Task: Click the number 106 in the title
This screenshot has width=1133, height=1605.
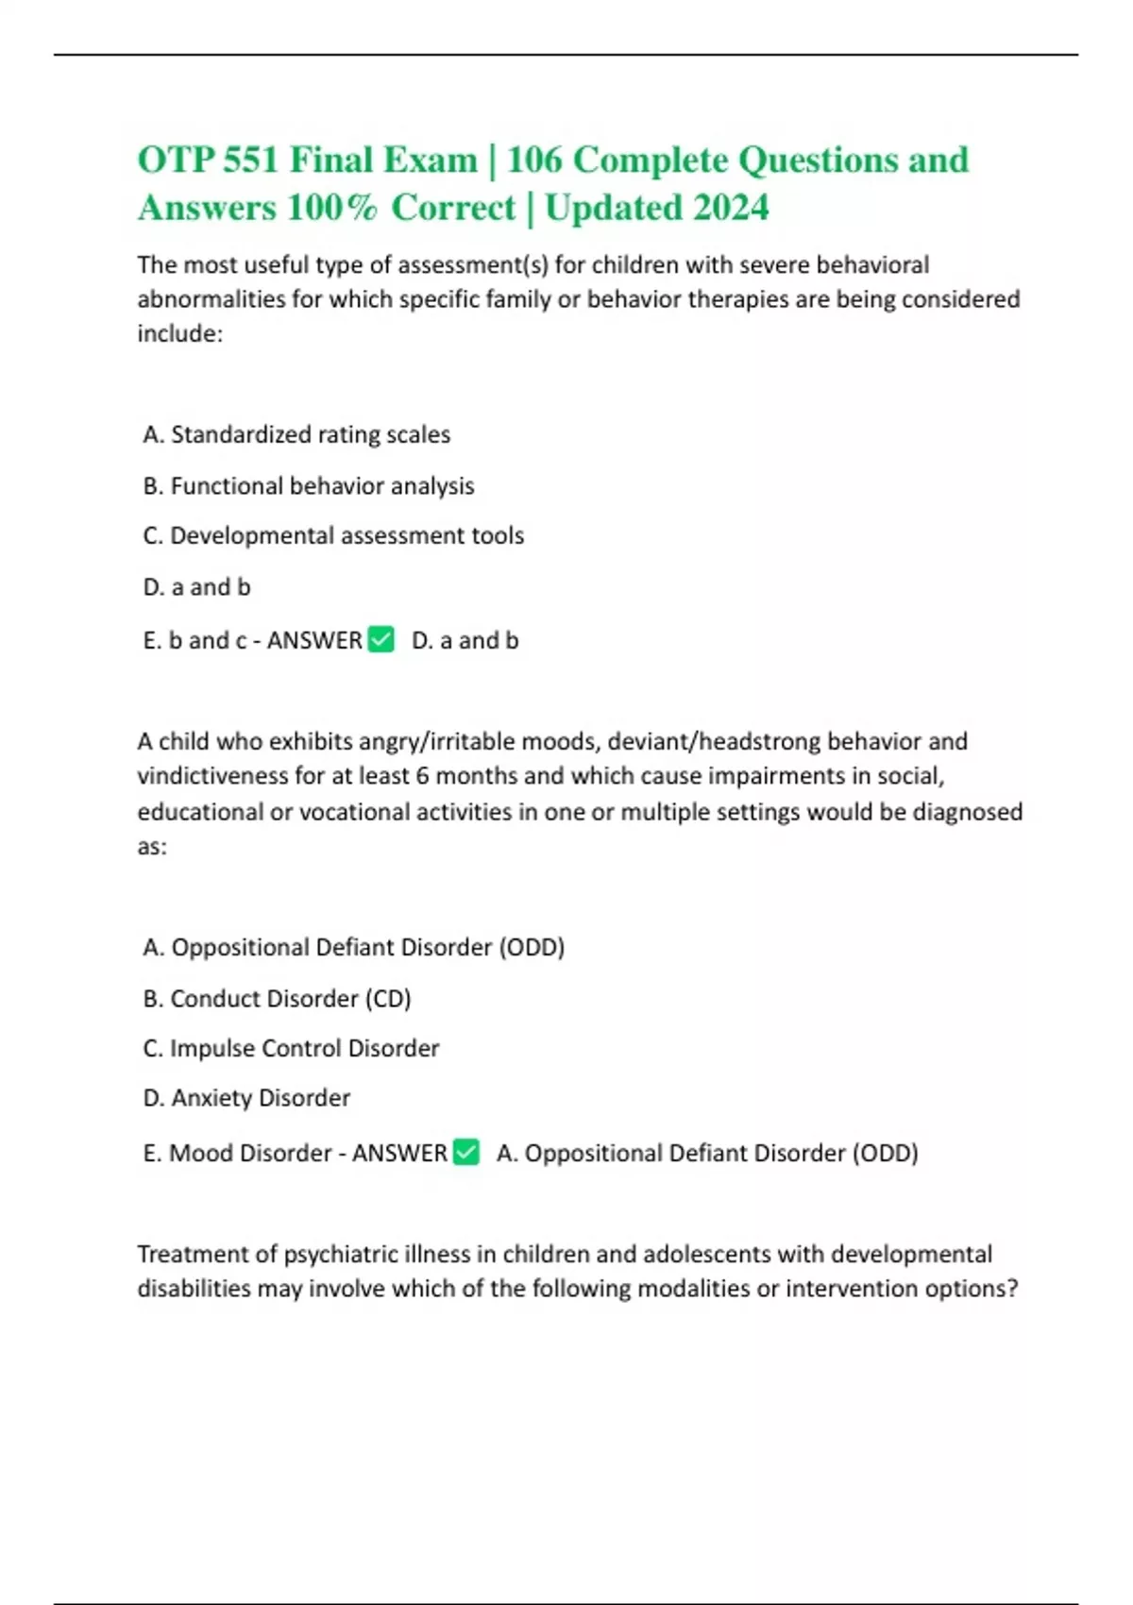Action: pos(533,160)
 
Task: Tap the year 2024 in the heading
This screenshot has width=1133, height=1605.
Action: pos(731,208)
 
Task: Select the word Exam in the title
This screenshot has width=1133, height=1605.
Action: pos(429,160)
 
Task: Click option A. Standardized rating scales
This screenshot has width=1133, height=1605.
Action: pos(296,434)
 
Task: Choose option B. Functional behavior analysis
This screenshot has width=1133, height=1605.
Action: pos(309,485)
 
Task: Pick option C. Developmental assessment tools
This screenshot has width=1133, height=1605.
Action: pos(333,535)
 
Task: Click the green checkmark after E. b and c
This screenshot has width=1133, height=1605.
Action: pos(380,639)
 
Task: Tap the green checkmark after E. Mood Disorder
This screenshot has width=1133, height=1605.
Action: pos(466,1152)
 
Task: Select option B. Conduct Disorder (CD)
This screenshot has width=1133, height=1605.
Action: pos(277,998)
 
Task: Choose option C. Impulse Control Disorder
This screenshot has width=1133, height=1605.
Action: pos(291,1048)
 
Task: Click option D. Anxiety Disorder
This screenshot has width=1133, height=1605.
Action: pos(246,1098)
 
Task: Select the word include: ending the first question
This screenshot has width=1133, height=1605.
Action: pos(179,333)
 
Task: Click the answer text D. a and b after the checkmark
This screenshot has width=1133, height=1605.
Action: pos(465,640)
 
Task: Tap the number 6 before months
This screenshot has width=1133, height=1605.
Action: pos(421,776)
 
